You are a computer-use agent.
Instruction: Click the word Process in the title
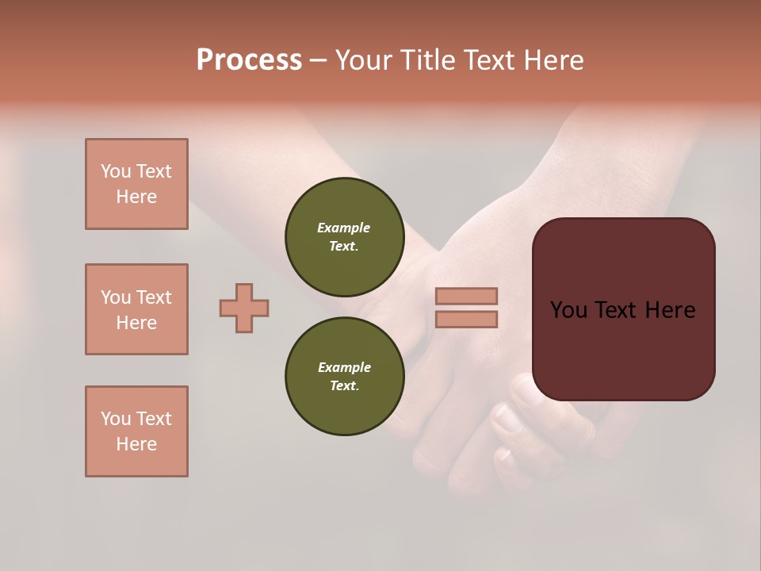click(249, 60)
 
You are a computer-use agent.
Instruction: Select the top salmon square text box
click(136, 184)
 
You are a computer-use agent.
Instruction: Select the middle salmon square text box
click(136, 309)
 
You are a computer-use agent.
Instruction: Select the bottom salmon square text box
click(136, 431)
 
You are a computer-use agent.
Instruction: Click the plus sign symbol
click(244, 308)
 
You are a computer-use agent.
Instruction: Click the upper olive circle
click(345, 237)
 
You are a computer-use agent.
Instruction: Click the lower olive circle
click(345, 377)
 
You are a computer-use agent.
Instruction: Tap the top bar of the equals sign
click(466, 296)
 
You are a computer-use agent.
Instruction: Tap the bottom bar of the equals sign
click(466, 320)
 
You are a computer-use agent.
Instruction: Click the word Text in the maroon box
click(622, 310)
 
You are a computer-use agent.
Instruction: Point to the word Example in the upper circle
click(344, 228)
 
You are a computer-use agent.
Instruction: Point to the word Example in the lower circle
click(344, 367)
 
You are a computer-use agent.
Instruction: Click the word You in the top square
click(116, 171)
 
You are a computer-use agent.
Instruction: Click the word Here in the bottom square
click(136, 444)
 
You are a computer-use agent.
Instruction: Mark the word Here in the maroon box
click(670, 310)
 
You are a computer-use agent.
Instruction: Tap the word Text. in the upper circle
click(344, 246)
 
